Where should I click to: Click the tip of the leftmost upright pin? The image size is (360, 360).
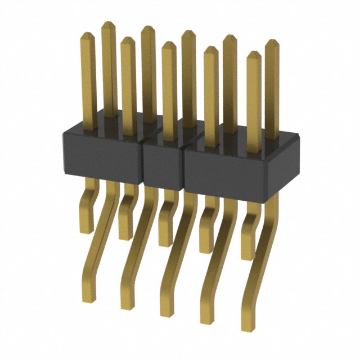pyautogui.click(x=87, y=34)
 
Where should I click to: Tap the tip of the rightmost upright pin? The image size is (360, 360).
pyautogui.click(x=272, y=42)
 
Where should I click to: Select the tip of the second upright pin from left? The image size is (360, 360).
pyautogui.click(x=107, y=24)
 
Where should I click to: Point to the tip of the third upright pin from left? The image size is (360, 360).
pyautogui.click(x=128, y=40)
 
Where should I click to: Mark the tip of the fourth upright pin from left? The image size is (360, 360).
pyautogui.click(x=147, y=28)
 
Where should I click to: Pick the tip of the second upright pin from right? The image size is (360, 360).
pyautogui.click(x=254, y=54)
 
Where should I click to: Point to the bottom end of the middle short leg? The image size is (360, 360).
pyautogui.click(x=165, y=244)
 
